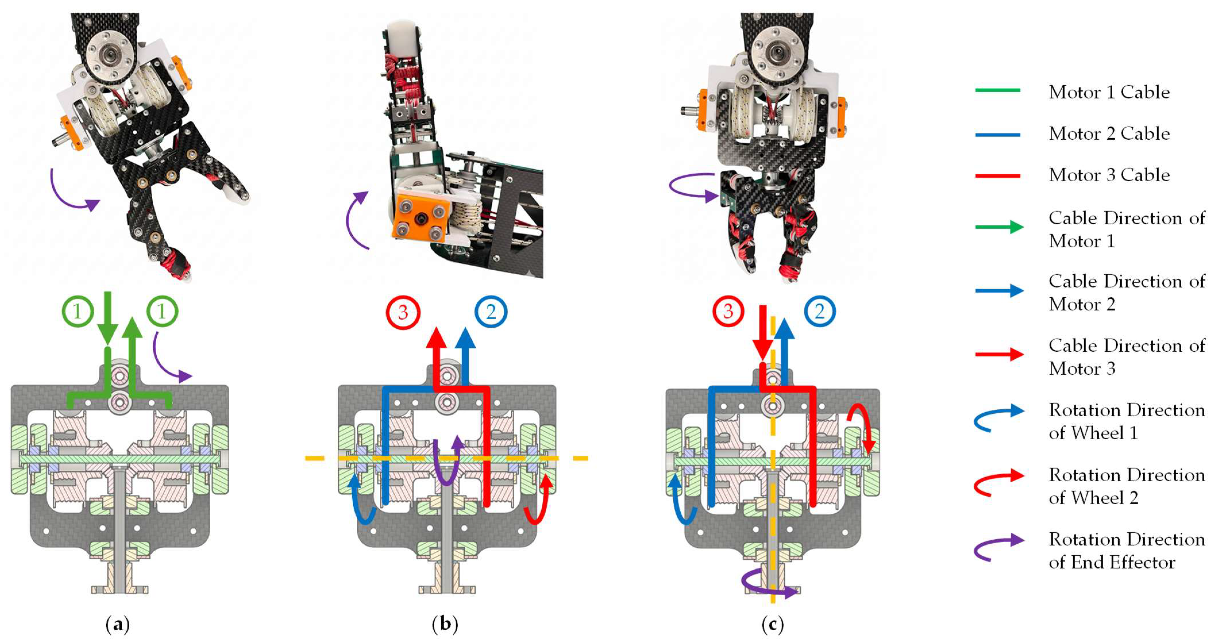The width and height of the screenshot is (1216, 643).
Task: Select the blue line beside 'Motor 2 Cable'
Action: point(997,134)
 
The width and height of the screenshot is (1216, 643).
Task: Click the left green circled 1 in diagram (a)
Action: point(78,311)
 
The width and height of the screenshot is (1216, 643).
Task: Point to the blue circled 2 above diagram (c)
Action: point(819,311)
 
